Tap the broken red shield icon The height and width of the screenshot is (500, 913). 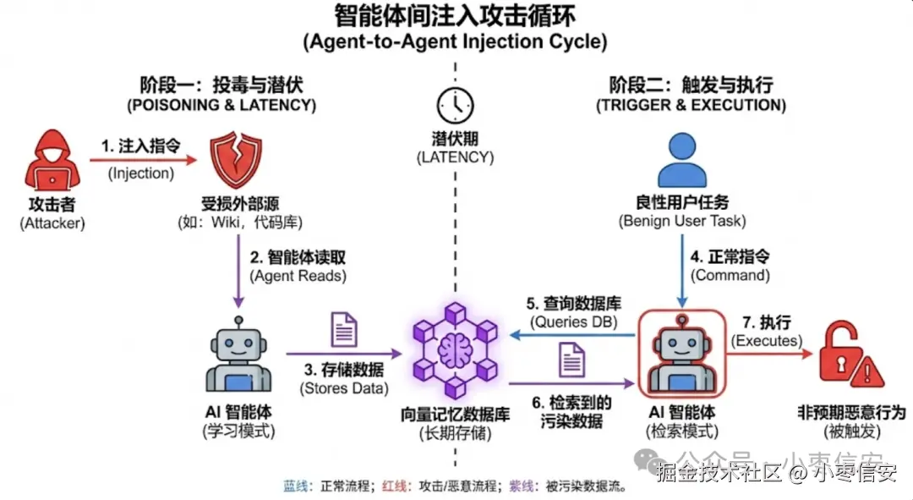234,162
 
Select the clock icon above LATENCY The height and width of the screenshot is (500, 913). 455,105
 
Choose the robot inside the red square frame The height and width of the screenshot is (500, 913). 682,354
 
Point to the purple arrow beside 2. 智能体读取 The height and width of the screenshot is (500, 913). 239,271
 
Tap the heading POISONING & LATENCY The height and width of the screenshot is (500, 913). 221,106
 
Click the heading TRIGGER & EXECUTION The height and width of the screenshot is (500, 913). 691,106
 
